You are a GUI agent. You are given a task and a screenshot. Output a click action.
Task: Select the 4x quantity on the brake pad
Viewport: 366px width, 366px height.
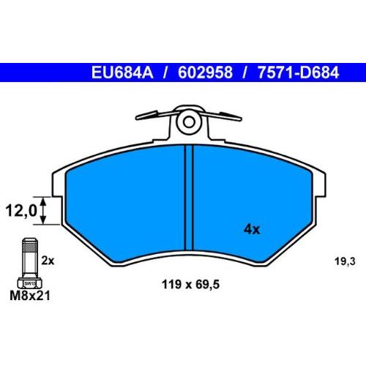pos(252,229)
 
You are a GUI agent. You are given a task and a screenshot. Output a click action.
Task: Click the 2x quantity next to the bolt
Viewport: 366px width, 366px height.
pos(48,260)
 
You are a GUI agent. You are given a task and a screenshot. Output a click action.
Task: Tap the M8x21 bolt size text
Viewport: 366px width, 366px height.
pos(27,296)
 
